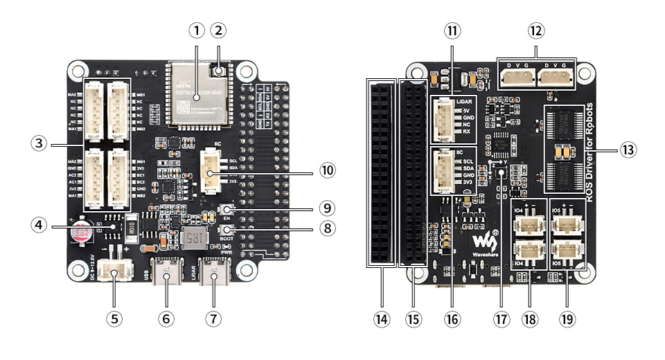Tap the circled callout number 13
[628, 149]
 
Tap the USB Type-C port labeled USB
[168, 274]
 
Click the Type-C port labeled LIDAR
[213, 274]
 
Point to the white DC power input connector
[112, 270]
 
